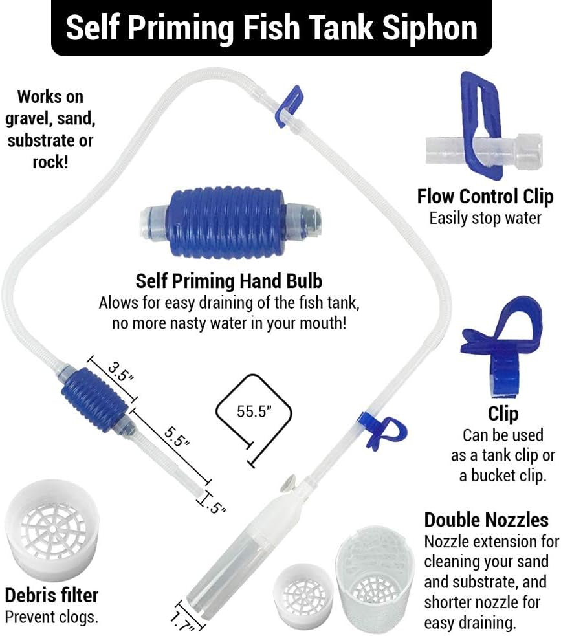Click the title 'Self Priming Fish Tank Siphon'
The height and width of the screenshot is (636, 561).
pos(272,28)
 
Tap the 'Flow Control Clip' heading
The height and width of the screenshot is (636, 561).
pos(485,196)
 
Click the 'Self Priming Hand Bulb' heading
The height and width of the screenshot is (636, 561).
pos(228,281)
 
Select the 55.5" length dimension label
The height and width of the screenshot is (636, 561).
pos(254,412)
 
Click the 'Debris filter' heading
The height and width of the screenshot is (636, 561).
pos(51,595)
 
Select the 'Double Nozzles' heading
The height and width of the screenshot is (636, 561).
pos(486,520)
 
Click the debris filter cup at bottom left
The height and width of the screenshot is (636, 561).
pos(50,530)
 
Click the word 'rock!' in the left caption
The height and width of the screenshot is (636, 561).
pos(49,161)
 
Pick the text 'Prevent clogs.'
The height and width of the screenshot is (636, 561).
pos(51,617)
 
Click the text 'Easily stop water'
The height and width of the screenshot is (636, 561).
pos(485,217)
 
